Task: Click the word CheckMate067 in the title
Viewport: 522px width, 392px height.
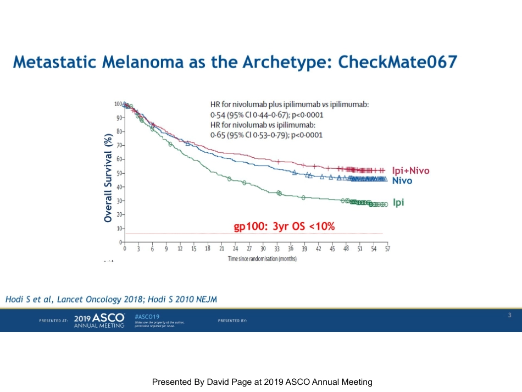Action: point(398,61)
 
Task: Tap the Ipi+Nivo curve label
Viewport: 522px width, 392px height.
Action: point(412,171)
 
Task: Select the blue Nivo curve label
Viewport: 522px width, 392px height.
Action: point(402,180)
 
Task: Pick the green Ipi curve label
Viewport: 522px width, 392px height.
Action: point(398,203)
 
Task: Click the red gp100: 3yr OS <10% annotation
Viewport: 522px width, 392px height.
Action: point(285,227)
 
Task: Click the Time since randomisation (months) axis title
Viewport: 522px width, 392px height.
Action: point(262,258)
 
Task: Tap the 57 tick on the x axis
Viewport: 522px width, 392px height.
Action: point(387,249)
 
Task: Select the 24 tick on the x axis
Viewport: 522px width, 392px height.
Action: point(236,249)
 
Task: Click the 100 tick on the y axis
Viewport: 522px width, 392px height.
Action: point(118,104)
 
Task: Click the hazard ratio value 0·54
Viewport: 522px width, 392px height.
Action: point(219,115)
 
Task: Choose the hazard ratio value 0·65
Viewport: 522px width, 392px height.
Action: point(219,135)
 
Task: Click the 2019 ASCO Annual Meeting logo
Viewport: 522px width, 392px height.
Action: point(99,320)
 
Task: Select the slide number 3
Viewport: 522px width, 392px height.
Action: point(509,315)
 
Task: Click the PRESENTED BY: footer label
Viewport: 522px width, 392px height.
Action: point(232,321)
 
